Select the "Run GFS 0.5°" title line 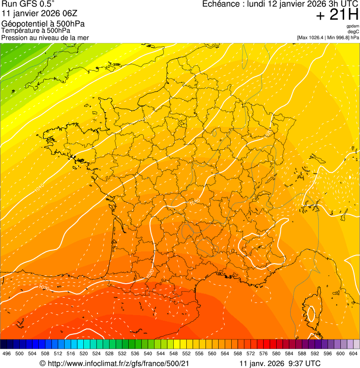click(x=29, y=5)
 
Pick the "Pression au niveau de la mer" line click(x=45, y=37)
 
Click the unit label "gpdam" click(x=353, y=26)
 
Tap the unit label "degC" click(x=353, y=31)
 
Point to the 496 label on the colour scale click(x=7, y=353)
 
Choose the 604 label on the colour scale click(x=353, y=353)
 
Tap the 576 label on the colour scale click(x=263, y=353)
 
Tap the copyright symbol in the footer click(x=42, y=363)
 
